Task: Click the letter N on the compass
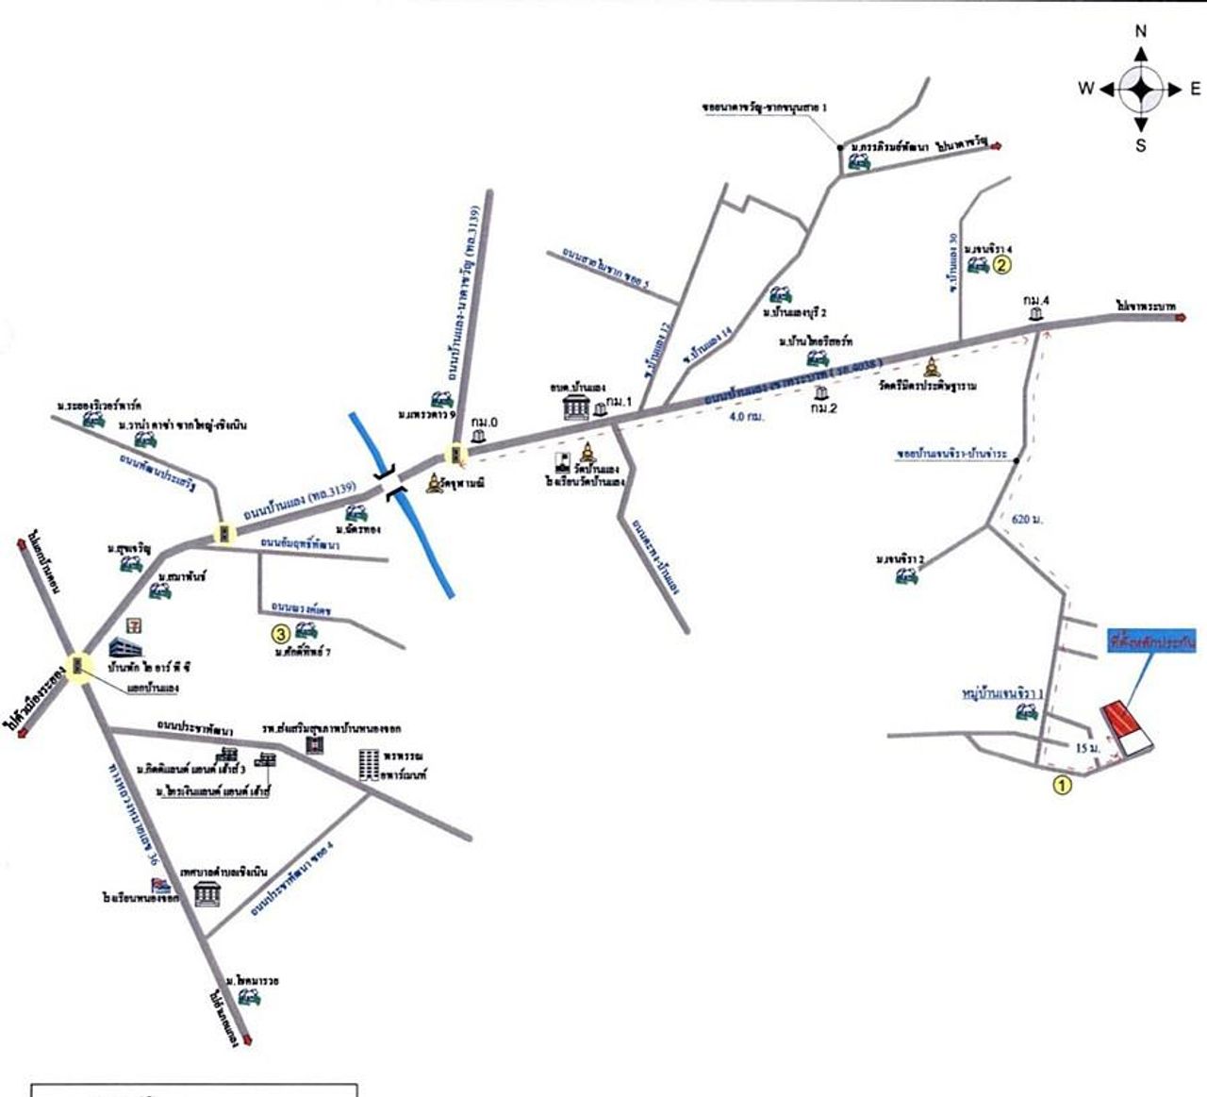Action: coord(1141,31)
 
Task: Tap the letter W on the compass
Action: coord(1086,89)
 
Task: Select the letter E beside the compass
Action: coord(1195,89)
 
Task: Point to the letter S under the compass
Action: coord(1141,145)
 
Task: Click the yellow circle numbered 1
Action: coord(1062,784)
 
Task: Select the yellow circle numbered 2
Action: coord(1002,265)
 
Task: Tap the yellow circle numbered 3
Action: coord(280,633)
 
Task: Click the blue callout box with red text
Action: coord(1151,642)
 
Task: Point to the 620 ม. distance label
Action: coord(1025,519)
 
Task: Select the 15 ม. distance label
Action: coord(1086,747)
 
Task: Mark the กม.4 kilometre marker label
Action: coord(1036,301)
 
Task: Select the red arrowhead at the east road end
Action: coord(1181,318)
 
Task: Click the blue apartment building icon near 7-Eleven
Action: coord(124,649)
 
